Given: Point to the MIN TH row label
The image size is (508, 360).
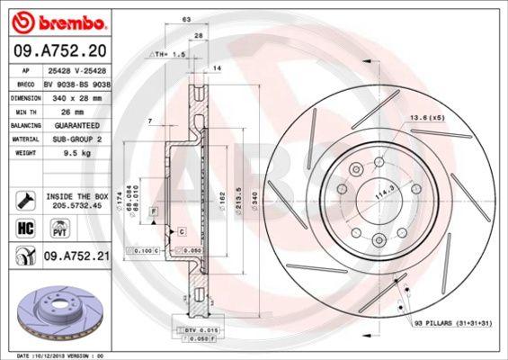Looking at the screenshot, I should point(26,112).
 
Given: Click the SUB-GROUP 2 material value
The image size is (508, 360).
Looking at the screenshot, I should point(75,139).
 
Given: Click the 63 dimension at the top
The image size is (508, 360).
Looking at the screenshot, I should point(185,18).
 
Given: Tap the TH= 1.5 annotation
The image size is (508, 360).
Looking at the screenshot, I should point(170,55).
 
